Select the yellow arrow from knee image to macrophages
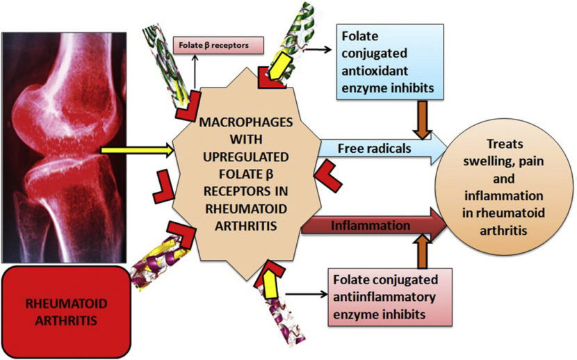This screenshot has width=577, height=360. point(136,148)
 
